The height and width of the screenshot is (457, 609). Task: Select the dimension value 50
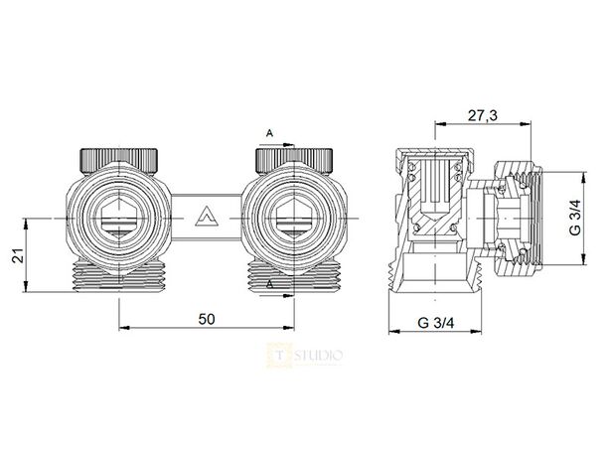pyautogui.click(x=206, y=318)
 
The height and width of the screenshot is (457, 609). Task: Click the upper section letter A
pyautogui.click(x=268, y=132)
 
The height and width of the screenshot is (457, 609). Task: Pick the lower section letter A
pyautogui.click(x=268, y=285)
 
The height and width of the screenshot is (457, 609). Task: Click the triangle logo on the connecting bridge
pyautogui.click(x=206, y=214)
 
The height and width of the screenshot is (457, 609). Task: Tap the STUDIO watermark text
pyautogui.click(x=317, y=353)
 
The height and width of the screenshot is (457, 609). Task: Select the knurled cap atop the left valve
pyautogui.click(x=118, y=159)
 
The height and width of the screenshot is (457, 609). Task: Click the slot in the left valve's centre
pyautogui.click(x=118, y=216)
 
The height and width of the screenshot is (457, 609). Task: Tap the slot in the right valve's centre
pyautogui.click(x=293, y=216)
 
